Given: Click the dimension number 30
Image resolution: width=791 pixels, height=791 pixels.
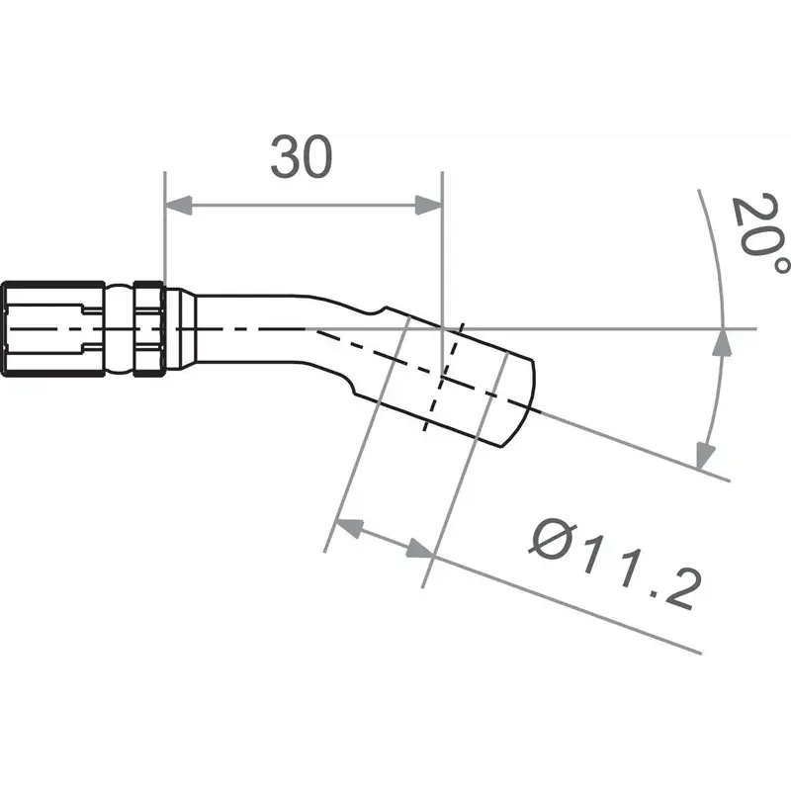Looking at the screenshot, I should pyautogui.click(x=303, y=159).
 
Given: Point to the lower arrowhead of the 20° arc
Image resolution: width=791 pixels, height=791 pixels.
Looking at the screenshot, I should pyautogui.click(x=704, y=454).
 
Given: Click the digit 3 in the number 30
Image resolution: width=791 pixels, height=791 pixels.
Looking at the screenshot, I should pyautogui.click(x=286, y=159).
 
